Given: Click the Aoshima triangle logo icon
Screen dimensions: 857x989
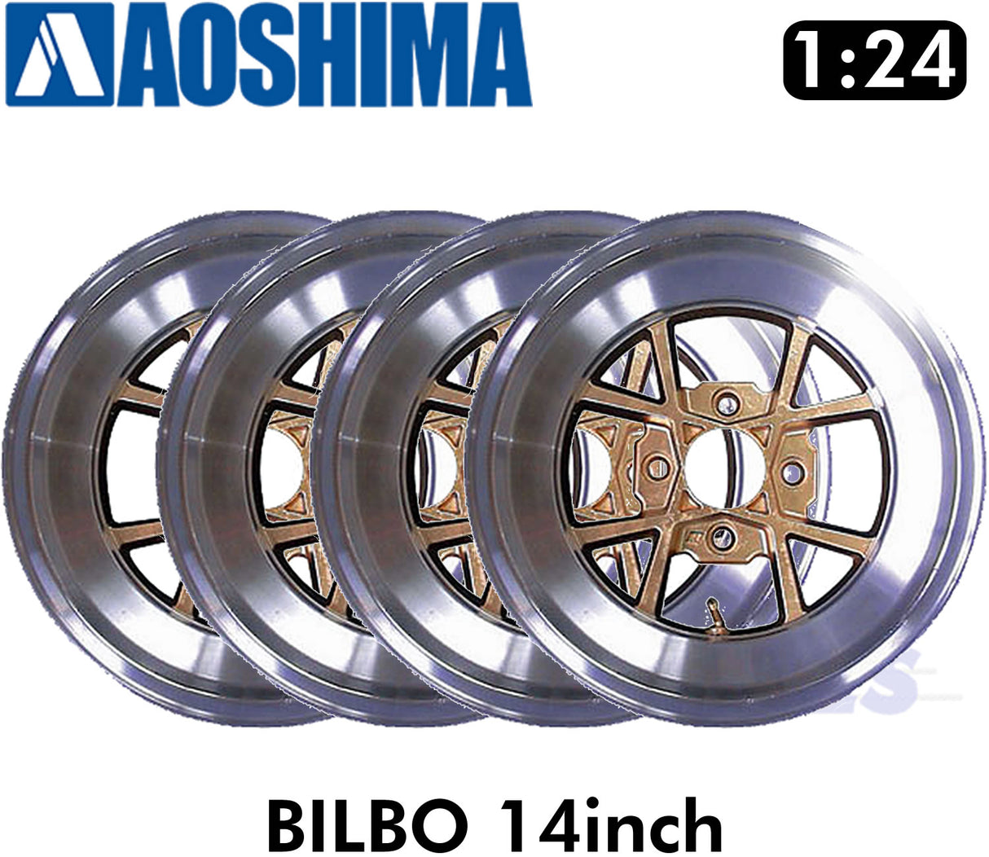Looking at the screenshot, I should tap(59, 54).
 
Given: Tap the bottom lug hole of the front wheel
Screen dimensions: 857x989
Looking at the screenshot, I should tap(720, 535).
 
